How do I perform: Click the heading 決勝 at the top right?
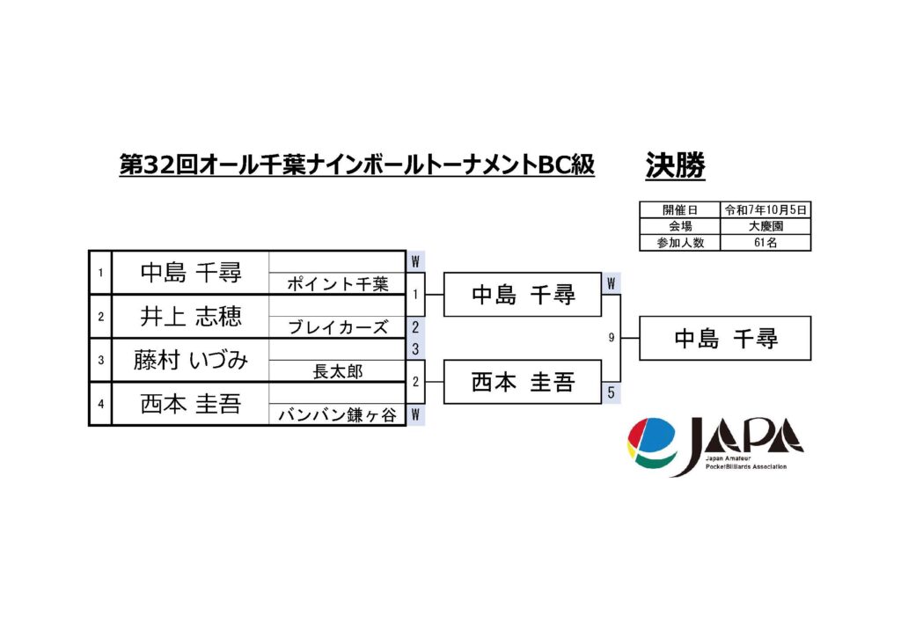675,165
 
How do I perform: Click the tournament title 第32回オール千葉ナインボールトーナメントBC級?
357,165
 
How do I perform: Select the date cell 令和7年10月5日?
765,210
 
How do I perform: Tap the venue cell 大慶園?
765,226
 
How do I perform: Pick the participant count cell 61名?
765,242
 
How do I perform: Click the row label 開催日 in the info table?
679,210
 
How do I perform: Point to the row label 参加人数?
679,242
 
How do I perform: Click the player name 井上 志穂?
191,317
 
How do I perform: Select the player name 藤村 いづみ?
191,361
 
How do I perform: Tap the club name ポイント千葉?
337,284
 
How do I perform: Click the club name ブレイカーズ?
337,328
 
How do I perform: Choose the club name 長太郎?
337,372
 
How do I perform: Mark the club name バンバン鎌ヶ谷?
337,416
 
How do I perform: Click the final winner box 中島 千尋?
725,339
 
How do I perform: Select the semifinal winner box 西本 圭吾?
523,383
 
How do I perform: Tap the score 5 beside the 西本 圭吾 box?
612,393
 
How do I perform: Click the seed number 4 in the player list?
101,405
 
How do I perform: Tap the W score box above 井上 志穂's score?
415,261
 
